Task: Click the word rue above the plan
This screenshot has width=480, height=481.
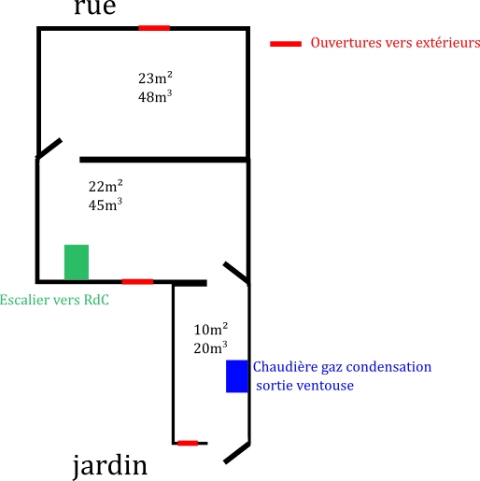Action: tap(95, 7)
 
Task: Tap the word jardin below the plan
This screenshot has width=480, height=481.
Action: tap(110, 466)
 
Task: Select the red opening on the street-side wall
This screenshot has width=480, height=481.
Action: tap(154, 28)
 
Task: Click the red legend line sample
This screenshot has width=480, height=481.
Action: tap(286, 44)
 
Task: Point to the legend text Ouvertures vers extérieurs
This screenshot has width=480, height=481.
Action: tap(395, 43)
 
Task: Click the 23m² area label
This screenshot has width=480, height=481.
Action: tap(155, 78)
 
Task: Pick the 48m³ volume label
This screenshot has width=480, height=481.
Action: tap(155, 96)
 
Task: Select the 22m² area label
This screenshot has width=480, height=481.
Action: tap(106, 186)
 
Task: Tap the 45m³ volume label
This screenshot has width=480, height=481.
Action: tap(106, 205)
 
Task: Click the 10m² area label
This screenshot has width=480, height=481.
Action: tap(211, 329)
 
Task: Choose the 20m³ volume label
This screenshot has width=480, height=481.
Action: tap(210, 347)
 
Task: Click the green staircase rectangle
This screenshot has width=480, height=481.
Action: tap(77, 262)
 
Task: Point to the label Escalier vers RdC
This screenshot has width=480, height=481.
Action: tap(54, 300)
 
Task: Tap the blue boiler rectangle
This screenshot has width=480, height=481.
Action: tap(237, 376)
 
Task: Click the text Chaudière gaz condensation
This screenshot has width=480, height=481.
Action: tap(342, 367)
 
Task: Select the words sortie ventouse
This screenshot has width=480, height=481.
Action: tap(305, 386)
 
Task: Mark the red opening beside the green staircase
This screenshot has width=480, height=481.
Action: tap(137, 282)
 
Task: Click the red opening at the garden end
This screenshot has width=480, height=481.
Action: tap(188, 443)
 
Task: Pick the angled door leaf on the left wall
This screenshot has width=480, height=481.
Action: tap(49, 149)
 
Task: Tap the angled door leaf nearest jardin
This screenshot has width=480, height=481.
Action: tap(237, 453)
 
